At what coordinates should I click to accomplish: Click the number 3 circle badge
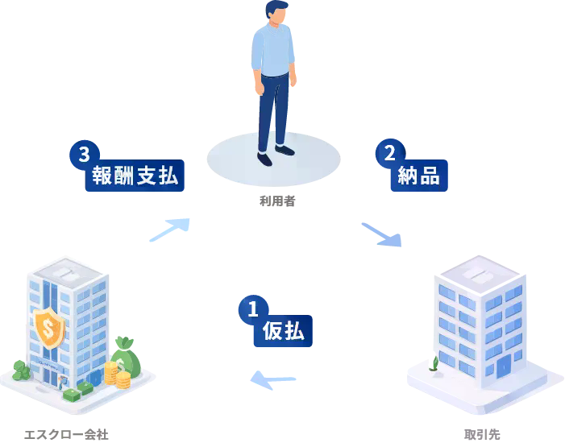84,155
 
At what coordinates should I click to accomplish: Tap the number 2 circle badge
389,153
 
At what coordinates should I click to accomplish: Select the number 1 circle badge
252,308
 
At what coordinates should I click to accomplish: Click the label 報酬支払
135,176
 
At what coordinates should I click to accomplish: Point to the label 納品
418,175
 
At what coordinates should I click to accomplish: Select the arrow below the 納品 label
382,234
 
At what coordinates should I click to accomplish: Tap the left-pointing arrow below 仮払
271,379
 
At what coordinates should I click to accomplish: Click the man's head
276,12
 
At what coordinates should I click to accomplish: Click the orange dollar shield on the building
49,327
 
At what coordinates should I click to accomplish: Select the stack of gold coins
116,375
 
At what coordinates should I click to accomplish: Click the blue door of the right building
503,367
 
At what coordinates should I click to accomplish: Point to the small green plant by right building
434,363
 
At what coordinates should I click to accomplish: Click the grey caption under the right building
483,433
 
